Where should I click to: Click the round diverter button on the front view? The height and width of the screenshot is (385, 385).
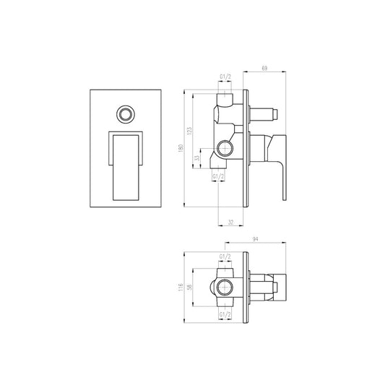[x=126, y=114]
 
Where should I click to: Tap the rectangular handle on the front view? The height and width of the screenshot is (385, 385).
[x=126, y=168]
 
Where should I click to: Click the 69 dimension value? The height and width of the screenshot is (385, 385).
[x=264, y=68]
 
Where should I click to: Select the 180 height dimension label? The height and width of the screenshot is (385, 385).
[x=181, y=148]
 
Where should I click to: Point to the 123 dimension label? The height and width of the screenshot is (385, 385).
[x=189, y=131]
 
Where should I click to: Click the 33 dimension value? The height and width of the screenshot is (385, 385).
[x=197, y=158]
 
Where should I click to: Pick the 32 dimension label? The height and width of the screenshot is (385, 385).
[x=231, y=222]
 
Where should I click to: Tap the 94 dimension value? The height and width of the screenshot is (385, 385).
[x=256, y=238]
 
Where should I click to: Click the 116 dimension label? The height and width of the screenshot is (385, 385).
[x=181, y=287]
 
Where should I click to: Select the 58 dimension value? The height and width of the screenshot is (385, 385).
[x=189, y=287]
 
